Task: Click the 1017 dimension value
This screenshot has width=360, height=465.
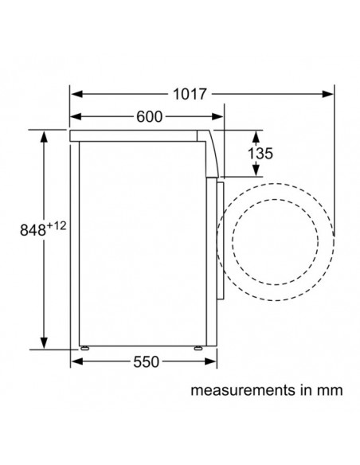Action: coord(190,94)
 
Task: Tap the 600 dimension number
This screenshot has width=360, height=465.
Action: coord(149,116)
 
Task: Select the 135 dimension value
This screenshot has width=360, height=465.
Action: coord(260,154)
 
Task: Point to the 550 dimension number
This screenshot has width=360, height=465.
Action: coord(146,361)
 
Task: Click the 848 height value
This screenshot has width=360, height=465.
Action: coord(33,230)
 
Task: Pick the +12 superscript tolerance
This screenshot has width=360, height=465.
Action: coord(57,226)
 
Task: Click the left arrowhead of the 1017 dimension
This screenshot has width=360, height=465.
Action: coord(76,94)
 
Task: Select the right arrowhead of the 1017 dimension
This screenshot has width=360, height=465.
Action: coord(327,94)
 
